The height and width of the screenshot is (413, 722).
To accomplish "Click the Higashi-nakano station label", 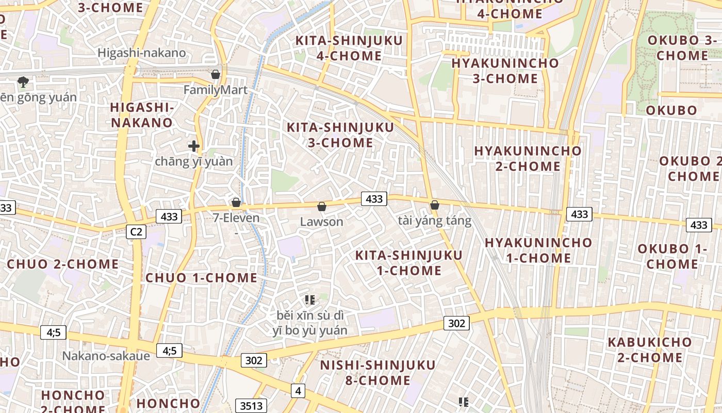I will click(x=141, y=53).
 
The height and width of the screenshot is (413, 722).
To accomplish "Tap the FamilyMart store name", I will click(x=216, y=90).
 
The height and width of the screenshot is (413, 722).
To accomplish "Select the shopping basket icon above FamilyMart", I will click(x=216, y=75).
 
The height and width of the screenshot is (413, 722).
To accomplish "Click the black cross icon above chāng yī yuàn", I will click(x=194, y=147).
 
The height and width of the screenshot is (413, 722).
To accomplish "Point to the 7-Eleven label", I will click(x=236, y=218).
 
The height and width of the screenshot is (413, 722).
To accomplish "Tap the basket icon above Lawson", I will click(x=322, y=207).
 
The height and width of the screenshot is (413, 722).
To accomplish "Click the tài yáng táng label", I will click(x=435, y=221).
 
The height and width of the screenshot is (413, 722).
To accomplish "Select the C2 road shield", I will click(x=136, y=232).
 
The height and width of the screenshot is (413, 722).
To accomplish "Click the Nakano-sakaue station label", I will click(x=106, y=356).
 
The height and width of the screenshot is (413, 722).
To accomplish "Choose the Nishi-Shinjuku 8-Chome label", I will click(x=378, y=373).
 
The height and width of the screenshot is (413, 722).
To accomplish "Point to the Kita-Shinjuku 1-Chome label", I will click(x=409, y=263).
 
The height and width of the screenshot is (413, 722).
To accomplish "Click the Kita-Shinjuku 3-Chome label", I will click(x=340, y=135).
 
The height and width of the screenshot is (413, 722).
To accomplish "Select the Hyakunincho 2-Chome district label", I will click(x=528, y=158).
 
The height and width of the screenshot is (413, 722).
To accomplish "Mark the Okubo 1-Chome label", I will click(x=672, y=256).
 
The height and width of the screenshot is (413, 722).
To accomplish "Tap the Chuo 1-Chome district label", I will click(x=201, y=278).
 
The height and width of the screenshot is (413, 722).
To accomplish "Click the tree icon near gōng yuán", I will click(x=23, y=82).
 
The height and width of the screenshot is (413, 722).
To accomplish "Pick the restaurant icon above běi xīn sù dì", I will click(x=309, y=299).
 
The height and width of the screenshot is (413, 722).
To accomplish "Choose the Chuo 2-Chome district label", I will click(x=63, y=264).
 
